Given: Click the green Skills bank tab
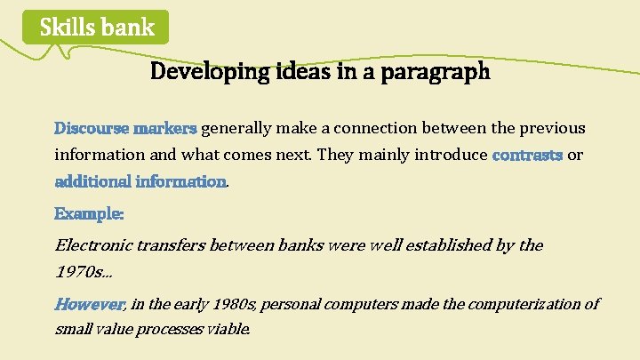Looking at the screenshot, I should (96, 28).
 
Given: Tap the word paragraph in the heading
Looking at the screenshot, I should (435, 72).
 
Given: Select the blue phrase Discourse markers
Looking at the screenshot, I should (125, 128).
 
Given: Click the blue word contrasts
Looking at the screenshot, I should (527, 155).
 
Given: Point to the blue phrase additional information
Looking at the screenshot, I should (140, 181).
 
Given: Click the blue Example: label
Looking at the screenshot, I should (89, 213).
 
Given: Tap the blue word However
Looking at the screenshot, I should (89, 304).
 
